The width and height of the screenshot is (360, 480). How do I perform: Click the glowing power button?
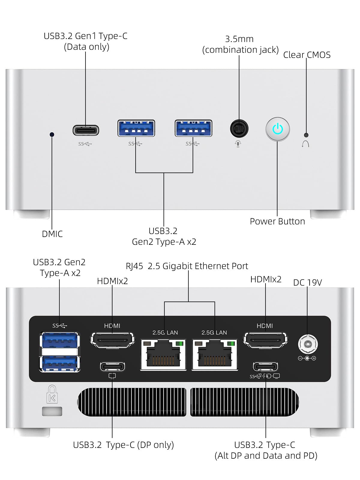tap(277, 129)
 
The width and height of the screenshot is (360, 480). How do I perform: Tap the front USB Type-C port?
tap(86, 130)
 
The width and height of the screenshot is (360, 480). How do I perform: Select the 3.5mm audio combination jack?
tap(239, 129)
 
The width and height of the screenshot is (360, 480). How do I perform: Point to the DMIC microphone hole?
tap(52, 134)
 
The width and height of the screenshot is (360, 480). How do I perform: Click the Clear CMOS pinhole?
tap(306, 135)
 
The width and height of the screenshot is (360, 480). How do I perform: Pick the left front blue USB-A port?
tap(136, 128)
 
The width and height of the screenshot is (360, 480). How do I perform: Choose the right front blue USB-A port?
tap(193, 128)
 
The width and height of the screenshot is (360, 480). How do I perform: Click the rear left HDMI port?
tap(112, 340)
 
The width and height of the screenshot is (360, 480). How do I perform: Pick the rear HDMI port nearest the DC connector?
tap(265, 340)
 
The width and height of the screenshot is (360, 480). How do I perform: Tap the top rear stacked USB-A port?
tap(60, 340)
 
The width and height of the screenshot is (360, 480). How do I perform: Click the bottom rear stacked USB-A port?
tap(60, 363)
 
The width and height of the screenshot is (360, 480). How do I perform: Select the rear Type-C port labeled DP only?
tap(112, 366)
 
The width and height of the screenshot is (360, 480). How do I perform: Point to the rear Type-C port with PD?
tap(265, 366)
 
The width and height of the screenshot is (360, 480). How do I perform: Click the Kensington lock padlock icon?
tap(52, 394)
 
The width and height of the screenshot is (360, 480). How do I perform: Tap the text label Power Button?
tap(277, 221)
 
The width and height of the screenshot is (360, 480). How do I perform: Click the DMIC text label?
tap(52, 234)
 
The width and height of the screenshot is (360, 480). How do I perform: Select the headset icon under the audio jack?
tap(238, 144)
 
